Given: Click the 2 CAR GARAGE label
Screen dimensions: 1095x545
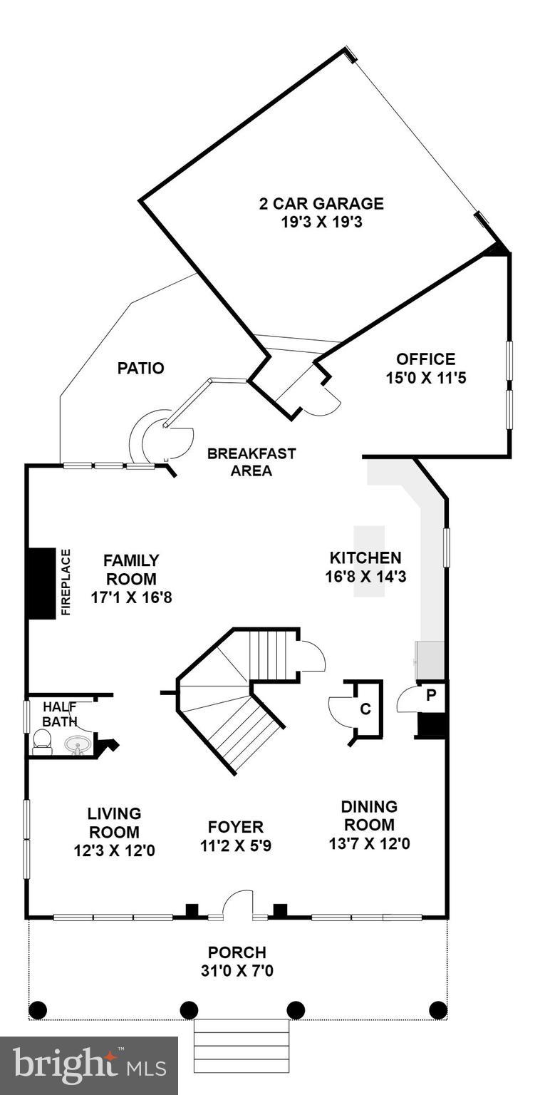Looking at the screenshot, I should (321, 204).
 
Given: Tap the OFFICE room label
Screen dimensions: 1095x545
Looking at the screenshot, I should (425, 359).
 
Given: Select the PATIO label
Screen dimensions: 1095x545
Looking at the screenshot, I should (140, 369).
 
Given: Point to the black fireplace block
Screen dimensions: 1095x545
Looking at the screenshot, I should (41, 583).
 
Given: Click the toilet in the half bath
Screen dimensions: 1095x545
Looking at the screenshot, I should (42, 743).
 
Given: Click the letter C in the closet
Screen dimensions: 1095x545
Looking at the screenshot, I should (365, 709).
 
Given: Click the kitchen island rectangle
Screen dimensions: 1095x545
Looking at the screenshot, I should (369, 561).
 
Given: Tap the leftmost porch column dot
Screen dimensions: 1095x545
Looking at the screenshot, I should (38, 1009).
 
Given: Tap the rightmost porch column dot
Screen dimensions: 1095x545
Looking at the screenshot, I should (437, 1009).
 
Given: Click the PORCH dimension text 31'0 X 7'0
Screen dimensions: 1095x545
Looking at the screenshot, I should (237, 971).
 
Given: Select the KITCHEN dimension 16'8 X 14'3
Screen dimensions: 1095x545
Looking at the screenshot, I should (365, 577).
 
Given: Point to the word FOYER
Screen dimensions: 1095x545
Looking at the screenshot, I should (236, 827).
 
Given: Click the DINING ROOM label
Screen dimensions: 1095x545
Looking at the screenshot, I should (368, 816).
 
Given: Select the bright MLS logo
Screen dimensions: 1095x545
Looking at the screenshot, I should (88, 1065).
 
